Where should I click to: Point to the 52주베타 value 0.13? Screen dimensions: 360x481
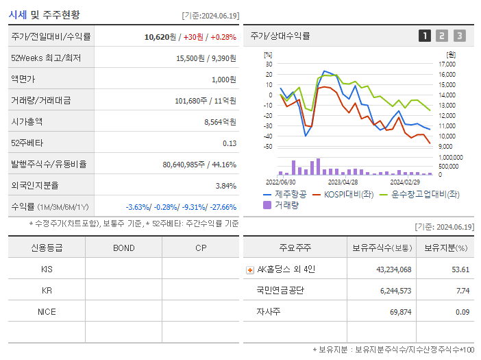point(230,143)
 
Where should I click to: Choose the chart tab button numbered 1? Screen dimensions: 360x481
point(425,36)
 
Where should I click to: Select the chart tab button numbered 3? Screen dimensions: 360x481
point(459,36)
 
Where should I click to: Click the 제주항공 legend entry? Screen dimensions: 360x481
point(286,194)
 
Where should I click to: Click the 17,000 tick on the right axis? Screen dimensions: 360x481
point(447,64)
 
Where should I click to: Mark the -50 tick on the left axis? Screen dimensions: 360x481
point(269,146)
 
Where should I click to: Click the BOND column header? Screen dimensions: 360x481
point(123,248)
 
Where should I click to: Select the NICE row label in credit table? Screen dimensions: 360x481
point(47,311)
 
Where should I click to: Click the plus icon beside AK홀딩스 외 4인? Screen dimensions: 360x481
point(250,269)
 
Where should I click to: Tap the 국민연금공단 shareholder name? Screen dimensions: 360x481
point(281,291)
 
